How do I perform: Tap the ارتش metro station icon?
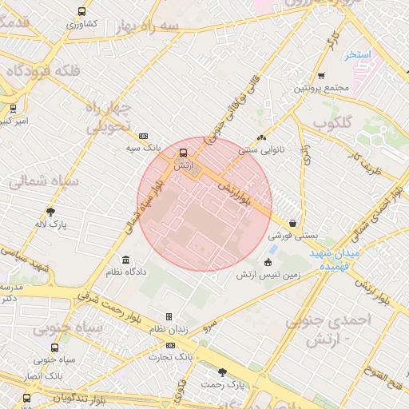[x=184, y=153]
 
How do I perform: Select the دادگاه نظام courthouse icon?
[x=125, y=260]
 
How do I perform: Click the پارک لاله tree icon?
[x=51, y=212]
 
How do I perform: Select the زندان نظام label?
[x=168, y=329]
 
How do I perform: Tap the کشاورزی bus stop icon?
[x=82, y=12]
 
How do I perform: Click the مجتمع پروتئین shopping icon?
[x=321, y=76]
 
